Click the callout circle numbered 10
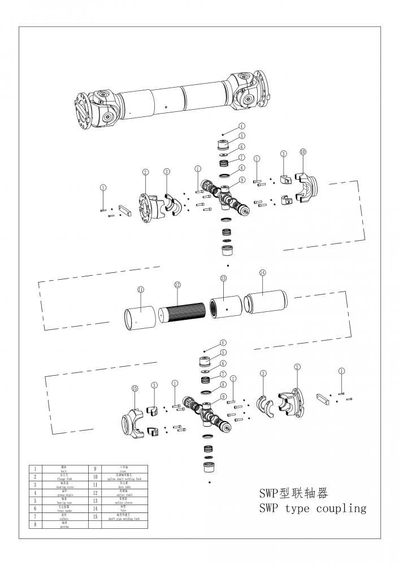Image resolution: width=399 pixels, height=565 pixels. point(303,152)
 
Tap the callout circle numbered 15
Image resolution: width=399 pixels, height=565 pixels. point(135,389)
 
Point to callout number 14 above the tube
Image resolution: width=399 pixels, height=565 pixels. point(262,272)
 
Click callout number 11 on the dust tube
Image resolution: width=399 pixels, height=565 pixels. point(141,290)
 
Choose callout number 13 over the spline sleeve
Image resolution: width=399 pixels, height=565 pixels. point(223,279)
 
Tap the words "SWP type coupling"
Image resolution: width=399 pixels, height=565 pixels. point(312,508)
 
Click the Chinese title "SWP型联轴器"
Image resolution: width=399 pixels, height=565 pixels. point(293,493)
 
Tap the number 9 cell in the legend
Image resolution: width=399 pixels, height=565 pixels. point(94,469)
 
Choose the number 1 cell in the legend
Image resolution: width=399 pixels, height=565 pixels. point(35,469)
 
